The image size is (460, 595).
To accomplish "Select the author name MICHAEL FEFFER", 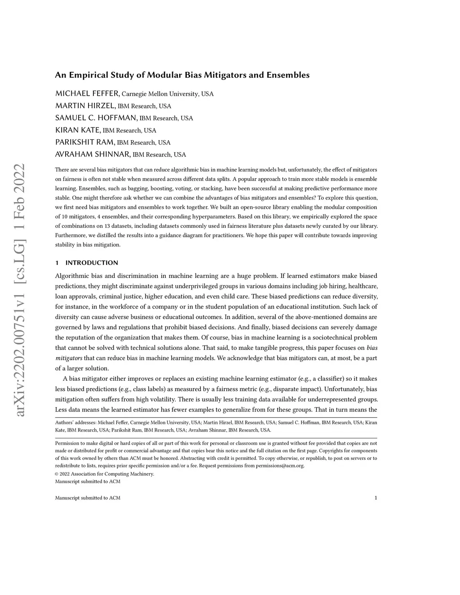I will [x=87, y=93].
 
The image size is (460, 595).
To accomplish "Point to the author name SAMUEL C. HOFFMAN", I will [x=96, y=118].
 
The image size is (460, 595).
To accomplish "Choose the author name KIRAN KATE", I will [x=78, y=130].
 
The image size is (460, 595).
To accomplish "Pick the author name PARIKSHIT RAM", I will [x=85, y=142].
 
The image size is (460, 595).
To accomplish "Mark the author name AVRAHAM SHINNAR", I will [x=93, y=154].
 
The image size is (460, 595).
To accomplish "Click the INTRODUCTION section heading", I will [x=92, y=263].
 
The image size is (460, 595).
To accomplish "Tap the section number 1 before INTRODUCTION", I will [x=57, y=263].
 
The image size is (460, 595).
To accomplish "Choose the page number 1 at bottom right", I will [x=376, y=498].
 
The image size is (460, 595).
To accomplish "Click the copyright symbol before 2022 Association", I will [x=57, y=474].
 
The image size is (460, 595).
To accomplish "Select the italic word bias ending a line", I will [x=372, y=348].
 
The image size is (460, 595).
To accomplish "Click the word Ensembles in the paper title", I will [x=288, y=75].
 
